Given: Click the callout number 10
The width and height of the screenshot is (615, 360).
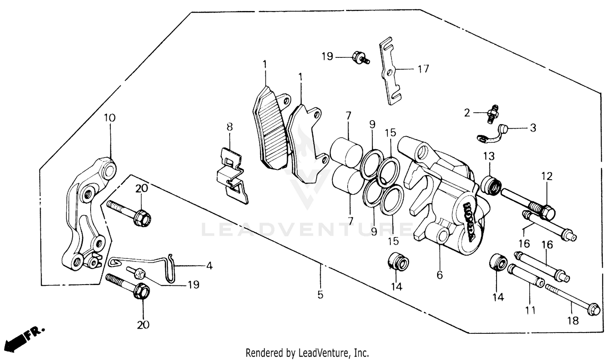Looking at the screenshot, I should tap(109, 118).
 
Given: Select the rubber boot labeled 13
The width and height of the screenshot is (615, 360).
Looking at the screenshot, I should tap(491, 184).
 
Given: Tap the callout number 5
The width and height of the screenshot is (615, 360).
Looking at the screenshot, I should tap(320, 294).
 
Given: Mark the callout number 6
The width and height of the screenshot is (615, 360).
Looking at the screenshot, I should tap(440, 275).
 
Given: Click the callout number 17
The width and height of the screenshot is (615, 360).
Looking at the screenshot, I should tap(423, 69).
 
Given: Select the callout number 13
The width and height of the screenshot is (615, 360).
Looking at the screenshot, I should tap(489, 156).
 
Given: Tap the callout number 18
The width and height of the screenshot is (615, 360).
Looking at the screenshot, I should tap(573, 320).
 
